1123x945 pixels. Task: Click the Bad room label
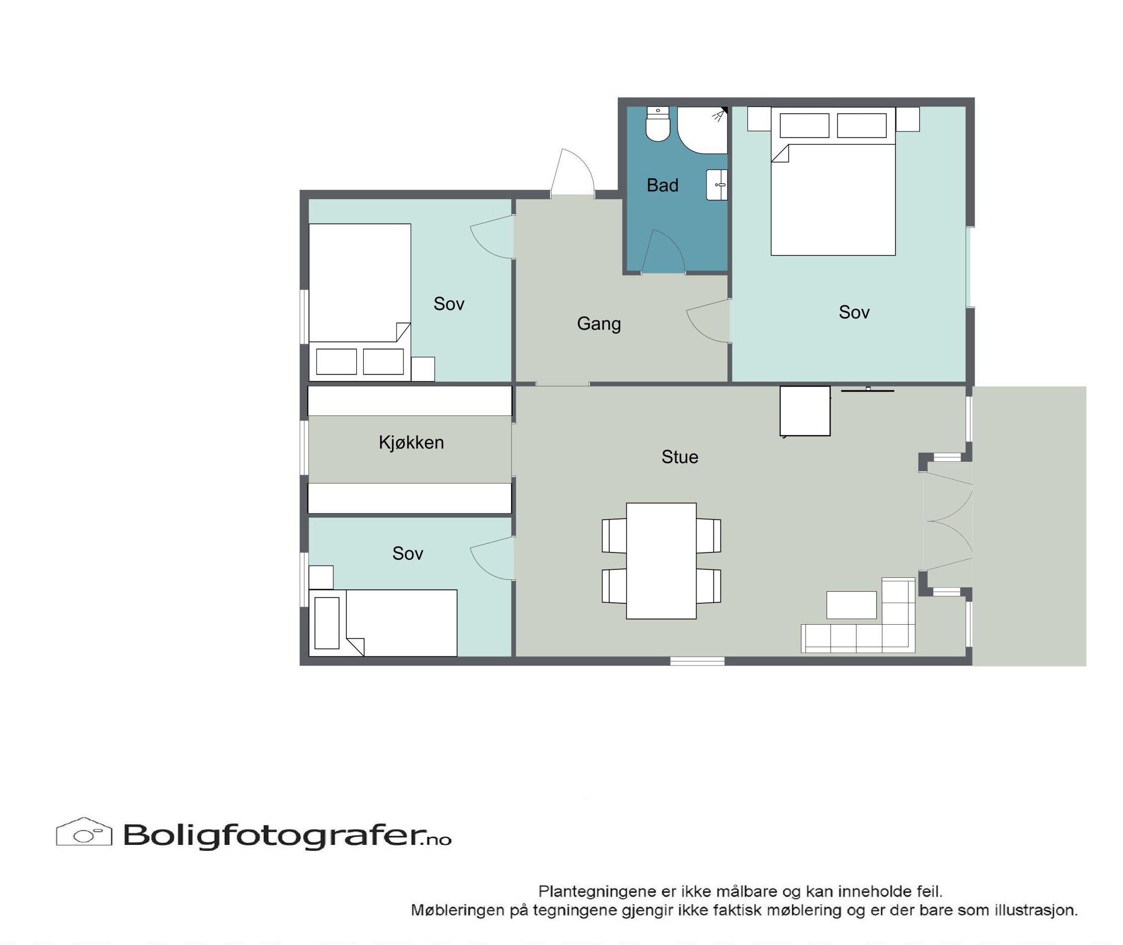click(662, 185)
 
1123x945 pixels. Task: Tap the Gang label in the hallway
click(599, 324)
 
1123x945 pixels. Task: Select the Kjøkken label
click(411, 442)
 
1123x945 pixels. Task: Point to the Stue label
click(680, 457)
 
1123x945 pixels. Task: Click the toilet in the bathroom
click(658, 124)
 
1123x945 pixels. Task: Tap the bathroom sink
click(717, 185)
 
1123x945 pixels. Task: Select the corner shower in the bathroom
click(702, 130)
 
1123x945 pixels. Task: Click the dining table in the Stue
click(661, 560)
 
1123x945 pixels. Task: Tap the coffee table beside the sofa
click(851, 605)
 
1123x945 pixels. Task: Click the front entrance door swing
click(573, 171)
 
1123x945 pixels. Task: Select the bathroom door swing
click(663, 252)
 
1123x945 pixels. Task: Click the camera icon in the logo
click(84, 832)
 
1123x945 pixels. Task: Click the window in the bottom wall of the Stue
click(697, 661)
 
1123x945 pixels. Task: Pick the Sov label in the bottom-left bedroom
click(408, 553)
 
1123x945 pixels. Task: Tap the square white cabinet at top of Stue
click(805, 411)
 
